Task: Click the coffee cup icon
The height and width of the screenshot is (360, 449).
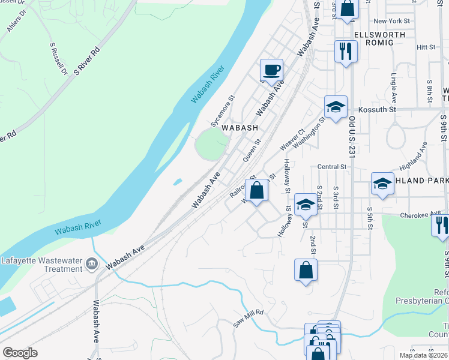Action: (271, 70)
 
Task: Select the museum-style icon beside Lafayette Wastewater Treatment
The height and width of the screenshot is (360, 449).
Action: (91, 263)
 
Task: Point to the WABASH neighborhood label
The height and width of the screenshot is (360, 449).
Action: (240, 128)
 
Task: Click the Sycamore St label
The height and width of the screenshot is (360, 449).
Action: (221, 111)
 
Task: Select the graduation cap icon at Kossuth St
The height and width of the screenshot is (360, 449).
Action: (336, 107)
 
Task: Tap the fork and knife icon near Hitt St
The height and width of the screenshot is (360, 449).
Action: (345, 51)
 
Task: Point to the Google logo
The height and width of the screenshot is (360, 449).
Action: (20, 353)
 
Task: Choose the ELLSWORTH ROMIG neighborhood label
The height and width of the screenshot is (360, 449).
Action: (380, 40)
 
